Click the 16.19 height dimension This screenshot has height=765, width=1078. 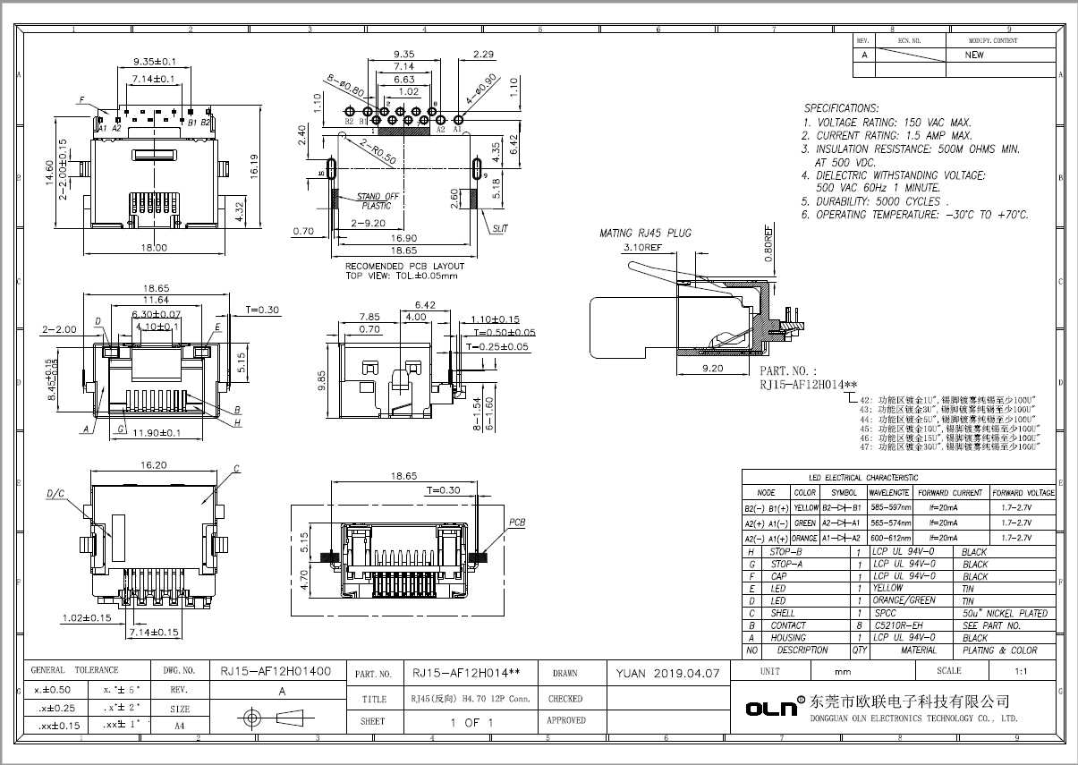click(x=254, y=164)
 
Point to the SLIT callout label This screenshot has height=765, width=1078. click(x=499, y=229)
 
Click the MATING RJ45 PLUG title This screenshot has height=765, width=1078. click(x=645, y=234)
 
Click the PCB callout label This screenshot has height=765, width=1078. click(x=517, y=522)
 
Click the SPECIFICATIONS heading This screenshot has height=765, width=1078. click(x=840, y=107)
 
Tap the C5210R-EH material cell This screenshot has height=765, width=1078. click(x=897, y=625)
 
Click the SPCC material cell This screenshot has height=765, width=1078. click(x=885, y=614)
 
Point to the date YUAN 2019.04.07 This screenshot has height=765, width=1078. click(x=667, y=674)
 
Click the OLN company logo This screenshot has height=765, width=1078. click(x=771, y=708)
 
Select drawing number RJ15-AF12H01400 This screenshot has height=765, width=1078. click(x=276, y=670)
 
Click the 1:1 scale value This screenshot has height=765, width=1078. click(x=1020, y=670)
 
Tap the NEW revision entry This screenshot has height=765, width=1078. click(x=974, y=55)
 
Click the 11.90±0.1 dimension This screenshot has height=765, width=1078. click(x=157, y=433)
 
